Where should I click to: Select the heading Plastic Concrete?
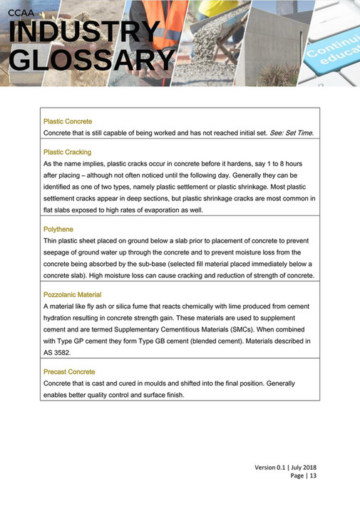click(68, 122)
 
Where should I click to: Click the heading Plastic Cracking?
click(67, 152)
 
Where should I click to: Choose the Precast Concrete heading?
click(69, 371)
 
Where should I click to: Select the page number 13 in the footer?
click(312, 475)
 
